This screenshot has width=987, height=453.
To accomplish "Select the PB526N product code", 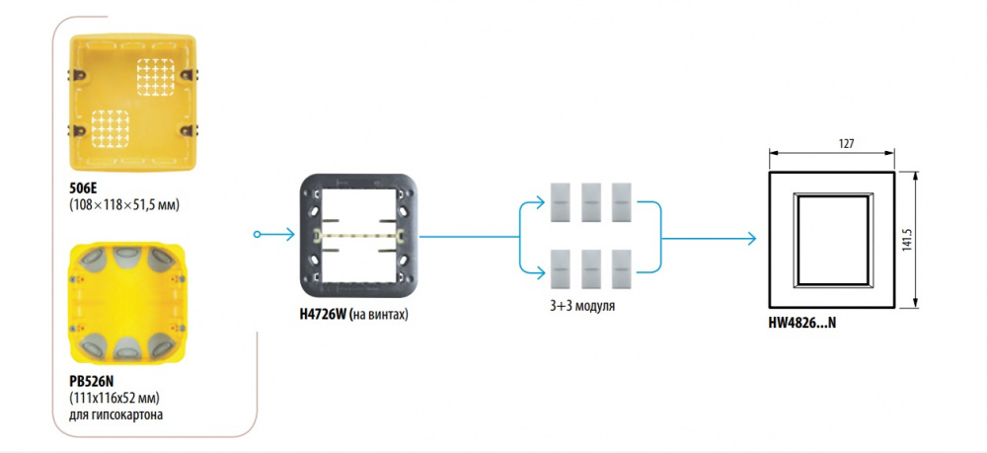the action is (91, 382).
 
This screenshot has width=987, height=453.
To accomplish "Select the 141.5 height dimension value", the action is (907, 240).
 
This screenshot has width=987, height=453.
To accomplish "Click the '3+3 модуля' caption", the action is (581, 307).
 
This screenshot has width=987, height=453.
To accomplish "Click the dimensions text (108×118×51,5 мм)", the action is (125, 204).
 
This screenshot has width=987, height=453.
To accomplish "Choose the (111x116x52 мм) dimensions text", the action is (114, 399).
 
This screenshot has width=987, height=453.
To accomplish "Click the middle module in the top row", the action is (590, 202).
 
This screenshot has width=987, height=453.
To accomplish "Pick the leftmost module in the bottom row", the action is (561, 269).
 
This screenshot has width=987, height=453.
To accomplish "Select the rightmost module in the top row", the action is (621, 202).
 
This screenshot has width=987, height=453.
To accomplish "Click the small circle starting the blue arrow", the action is (257, 235).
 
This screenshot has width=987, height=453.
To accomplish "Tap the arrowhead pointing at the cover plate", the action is (750, 239).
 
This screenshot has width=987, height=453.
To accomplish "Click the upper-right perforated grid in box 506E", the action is (155, 77).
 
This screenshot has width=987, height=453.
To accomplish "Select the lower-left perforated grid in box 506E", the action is (111, 128).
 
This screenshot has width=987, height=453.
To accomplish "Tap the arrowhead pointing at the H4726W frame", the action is (288, 235).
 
